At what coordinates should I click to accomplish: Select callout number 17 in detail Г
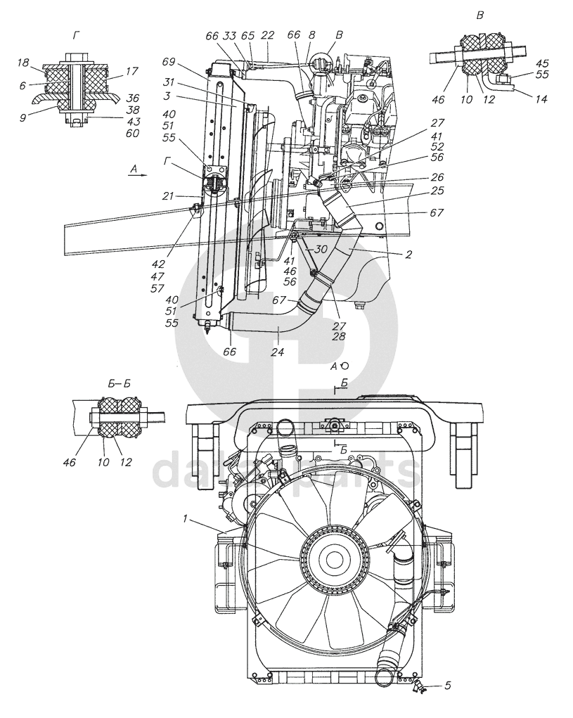(131, 72)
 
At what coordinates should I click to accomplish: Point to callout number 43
(134, 122)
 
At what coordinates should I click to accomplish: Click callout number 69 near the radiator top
(169, 62)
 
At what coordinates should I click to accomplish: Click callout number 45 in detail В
(542, 63)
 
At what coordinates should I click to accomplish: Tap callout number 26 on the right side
(437, 177)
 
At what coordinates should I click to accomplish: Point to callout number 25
(437, 190)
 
